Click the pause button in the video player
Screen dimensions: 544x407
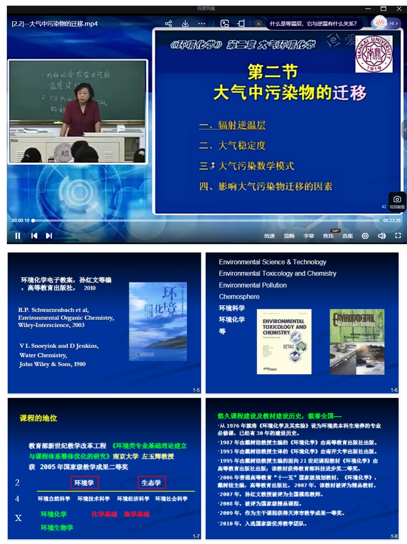(x=17, y=236)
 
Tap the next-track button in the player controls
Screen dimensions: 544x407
(x=49, y=236)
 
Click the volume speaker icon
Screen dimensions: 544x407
(x=381, y=236)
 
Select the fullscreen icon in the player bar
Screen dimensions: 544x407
(x=398, y=236)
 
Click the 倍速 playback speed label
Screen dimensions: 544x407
(x=269, y=236)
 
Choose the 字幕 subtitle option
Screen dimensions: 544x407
(x=309, y=236)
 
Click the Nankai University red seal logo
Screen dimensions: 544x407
(x=374, y=54)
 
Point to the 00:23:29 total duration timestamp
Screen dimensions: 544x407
(x=392, y=221)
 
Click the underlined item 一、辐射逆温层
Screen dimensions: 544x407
(x=233, y=125)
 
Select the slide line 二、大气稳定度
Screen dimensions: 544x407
(x=233, y=146)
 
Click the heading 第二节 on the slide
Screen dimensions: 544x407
(x=273, y=72)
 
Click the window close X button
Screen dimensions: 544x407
(x=399, y=9)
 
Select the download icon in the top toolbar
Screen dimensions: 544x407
(x=185, y=24)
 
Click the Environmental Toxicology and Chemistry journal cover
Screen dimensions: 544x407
(x=284, y=342)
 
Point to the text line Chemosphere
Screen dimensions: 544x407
(x=239, y=297)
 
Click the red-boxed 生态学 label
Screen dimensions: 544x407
(x=151, y=483)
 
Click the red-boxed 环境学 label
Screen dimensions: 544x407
(x=84, y=483)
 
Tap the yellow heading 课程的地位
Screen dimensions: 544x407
(x=38, y=418)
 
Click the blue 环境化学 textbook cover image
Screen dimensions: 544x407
(x=158, y=321)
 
